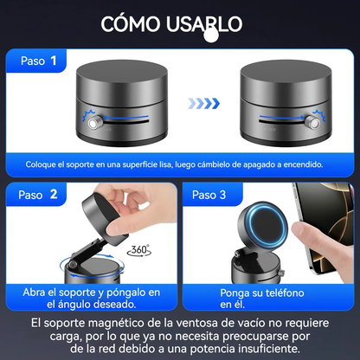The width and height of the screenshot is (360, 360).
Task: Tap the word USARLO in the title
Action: click(x=207, y=23)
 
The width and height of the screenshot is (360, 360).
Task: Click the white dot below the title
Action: click(x=209, y=36)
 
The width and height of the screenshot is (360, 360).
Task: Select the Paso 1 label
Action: click(x=36, y=61)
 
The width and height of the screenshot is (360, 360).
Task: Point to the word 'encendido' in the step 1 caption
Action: click(x=299, y=164)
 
